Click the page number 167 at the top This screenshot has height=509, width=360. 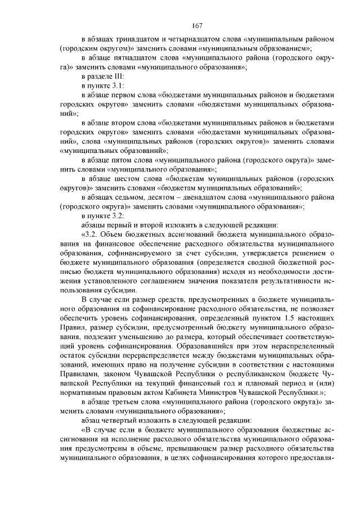coord(196,25)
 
